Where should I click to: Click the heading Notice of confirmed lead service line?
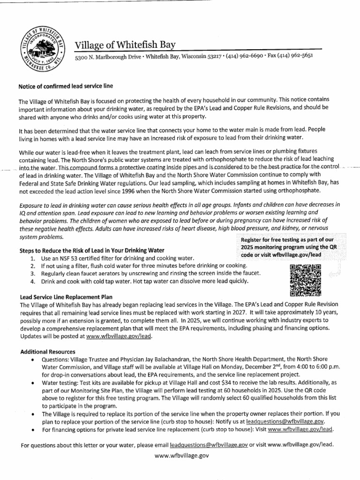(65, 86)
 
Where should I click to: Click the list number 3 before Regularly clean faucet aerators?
(32, 273)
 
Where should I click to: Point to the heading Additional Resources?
(48, 352)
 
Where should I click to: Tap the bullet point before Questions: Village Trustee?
(31, 360)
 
